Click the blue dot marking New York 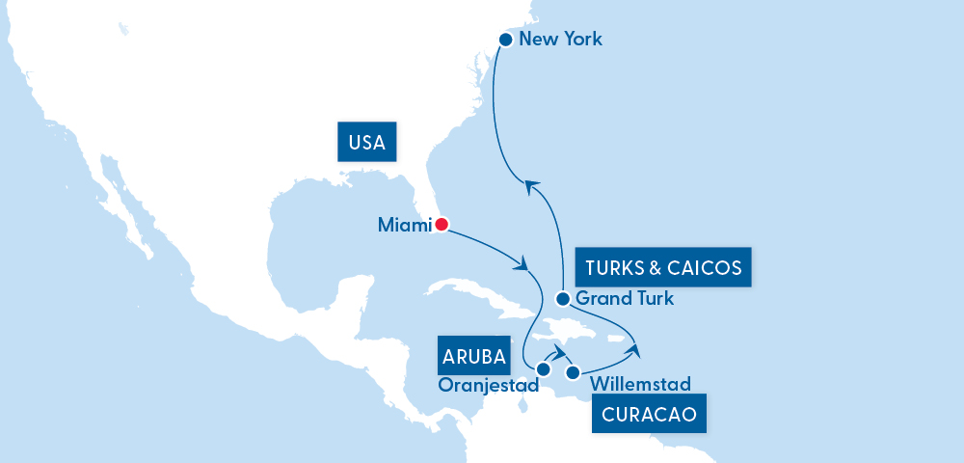pyautogui.click(x=505, y=40)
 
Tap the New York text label pyautogui.click(x=560, y=40)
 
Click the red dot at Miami pyautogui.click(x=442, y=225)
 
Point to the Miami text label pyautogui.click(x=403, y=225)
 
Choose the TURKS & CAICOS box pyautogui.click(x=663, y=267)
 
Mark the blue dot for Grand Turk pyautogui.click(x=562, y=299)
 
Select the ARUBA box pyautogui.click(x=474, y=356)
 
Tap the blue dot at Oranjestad pyautogui.click(x=543, y=369)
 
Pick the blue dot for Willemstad pyautogui.click(x=573, y=372)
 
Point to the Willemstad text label pyautogui.click(x=640, y=385)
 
